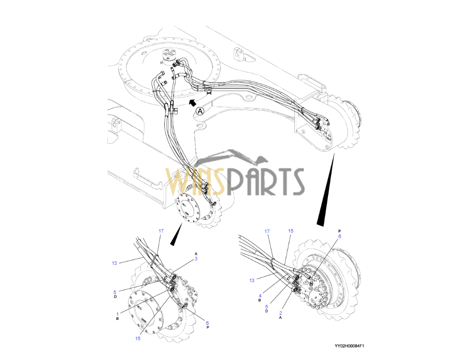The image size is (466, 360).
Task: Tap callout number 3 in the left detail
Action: (196, 259)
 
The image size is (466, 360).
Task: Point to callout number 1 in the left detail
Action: (118, 314)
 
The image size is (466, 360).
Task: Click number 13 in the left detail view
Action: (114, 263)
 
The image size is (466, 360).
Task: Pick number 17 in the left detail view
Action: (161, 231)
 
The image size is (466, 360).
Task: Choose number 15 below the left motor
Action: (137, 338)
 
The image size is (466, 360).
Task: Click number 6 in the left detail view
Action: (207, 323)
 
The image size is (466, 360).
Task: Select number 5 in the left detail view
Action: (115, 292)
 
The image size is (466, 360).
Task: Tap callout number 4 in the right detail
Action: (260, 296)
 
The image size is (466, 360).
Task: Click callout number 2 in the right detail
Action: (280, 313)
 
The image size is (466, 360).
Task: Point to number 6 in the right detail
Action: (339, 237)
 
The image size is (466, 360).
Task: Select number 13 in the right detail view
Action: (252, 281)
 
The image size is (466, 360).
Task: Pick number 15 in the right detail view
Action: (291, 231)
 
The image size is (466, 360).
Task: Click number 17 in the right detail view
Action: (267, 231)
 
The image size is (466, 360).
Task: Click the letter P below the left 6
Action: (207, 328)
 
